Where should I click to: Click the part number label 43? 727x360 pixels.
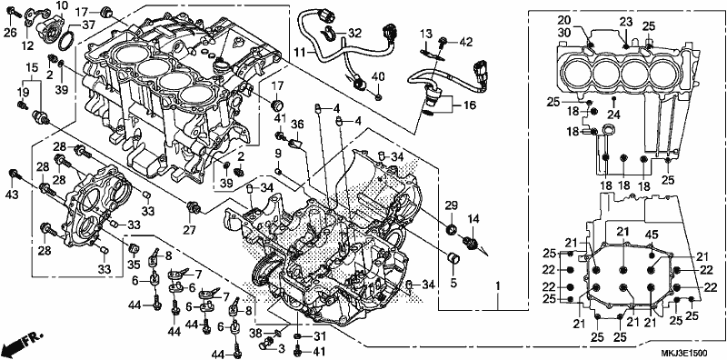[12, 195]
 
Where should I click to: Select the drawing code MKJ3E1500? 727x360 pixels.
[687, 354]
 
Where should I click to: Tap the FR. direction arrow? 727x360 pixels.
[22, 342]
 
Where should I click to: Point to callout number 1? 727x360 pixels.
[498, 287]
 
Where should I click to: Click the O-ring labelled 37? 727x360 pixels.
[66, 38]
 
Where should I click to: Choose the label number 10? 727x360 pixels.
[62, 5]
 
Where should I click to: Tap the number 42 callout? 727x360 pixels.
[466, 42]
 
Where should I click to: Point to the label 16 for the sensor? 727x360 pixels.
[470, 105]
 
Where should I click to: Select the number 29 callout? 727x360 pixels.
[452, 205]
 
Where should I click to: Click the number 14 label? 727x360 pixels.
[473, 219]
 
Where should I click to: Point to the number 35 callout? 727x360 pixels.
[134, 265]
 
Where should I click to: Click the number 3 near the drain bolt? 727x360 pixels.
[281, 348]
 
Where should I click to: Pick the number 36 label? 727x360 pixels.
[297, 125]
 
